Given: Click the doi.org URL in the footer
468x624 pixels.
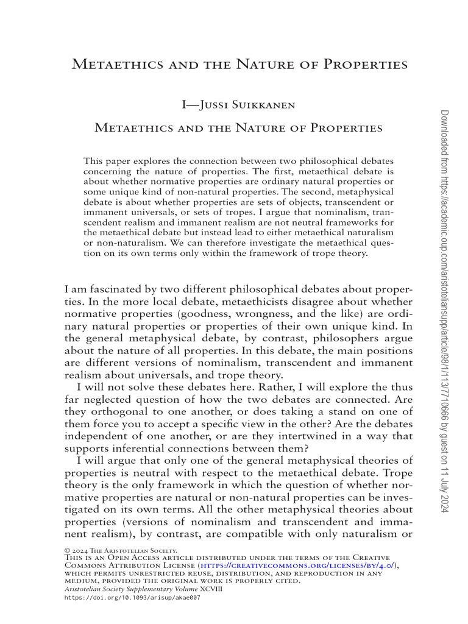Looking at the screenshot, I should tap(132, 598).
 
